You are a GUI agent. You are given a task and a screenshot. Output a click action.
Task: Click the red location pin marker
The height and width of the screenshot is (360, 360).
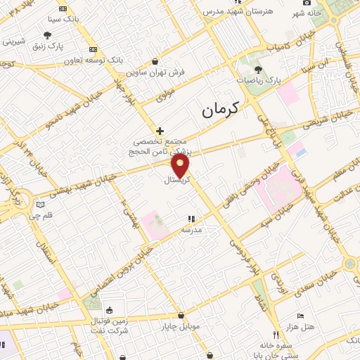pyautogui.click(x=181, y=166)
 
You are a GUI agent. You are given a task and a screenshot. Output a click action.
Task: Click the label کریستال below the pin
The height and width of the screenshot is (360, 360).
pyautogui.click(x=177, y=181)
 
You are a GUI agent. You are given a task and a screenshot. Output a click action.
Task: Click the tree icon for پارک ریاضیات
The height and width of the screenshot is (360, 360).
pyautogui.click(x=258, y=70)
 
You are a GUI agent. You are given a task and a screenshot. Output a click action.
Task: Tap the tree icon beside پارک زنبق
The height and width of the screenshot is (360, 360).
pyautogui.click(x=47, y=34)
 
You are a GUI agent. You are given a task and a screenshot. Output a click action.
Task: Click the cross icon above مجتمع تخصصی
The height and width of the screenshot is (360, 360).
pyautogui.click(x=160, y=130)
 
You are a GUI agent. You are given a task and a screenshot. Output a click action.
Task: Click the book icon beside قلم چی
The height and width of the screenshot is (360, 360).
pyautogui.click(x=40, y=206)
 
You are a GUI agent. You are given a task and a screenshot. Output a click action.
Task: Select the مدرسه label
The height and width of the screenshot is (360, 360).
pyautogui.click(x=192, y=230)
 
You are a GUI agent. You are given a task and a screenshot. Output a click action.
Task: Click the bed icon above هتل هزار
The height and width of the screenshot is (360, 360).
pyautogui.click(x=301, y=316)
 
